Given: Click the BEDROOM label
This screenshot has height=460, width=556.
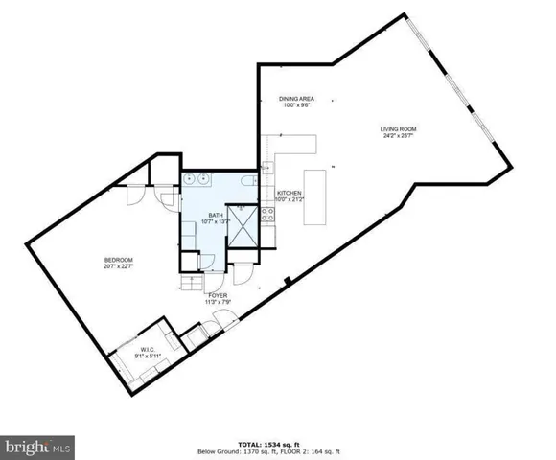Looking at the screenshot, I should pos(118,260).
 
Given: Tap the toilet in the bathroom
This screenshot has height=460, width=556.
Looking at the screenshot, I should pos(247,180).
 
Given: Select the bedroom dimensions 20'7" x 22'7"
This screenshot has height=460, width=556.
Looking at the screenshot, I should pos(118,267).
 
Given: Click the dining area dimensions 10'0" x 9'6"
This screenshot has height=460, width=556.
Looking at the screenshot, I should pos(297,105).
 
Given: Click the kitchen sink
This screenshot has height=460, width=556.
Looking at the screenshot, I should pos(267,169).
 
